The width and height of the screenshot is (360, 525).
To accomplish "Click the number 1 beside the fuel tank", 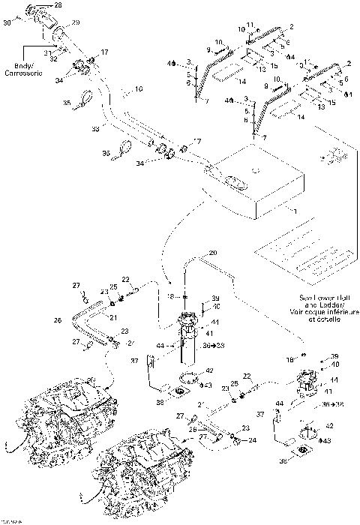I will (295, 211).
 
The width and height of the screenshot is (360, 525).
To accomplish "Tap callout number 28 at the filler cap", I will (58, 5).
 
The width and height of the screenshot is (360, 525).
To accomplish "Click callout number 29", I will (75, 25).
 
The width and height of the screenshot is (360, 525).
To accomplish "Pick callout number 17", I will (104, 52).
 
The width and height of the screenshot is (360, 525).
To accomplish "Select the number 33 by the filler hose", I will (95, 130).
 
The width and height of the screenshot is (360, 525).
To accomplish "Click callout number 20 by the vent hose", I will (212, 253).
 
